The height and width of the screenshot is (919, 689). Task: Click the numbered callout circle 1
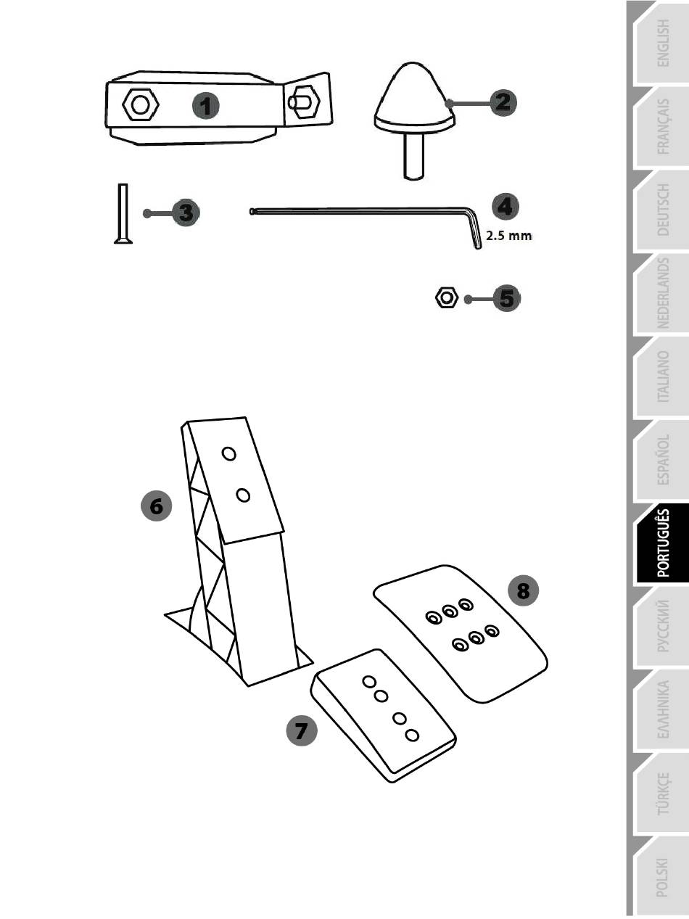click(x=205, y=105)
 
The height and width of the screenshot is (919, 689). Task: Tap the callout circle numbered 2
click(x=503, y=102)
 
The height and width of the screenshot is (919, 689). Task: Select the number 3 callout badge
click(x=186, y=213)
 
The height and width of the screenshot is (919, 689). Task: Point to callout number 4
click(x=506, y=207)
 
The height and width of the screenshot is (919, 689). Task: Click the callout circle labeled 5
click(x=506, y=299)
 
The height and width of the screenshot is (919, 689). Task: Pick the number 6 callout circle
click(x=156, y=506)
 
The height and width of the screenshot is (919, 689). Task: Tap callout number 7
click(x=302, y=730)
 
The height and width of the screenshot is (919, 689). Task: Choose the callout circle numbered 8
click(x=523, y=590)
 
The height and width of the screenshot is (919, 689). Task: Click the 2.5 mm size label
click(x=508, y=236)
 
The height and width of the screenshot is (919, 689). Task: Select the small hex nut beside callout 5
click(x=446, y=297)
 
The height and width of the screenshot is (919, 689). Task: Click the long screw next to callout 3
click(x=123, y=213)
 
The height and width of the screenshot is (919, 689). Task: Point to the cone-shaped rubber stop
click(x=414, y=120)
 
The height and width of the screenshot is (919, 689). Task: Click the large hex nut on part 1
click(x=141, y=104)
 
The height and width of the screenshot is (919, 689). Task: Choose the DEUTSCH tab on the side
click(x=662, y=210)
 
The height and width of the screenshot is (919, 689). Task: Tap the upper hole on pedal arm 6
click(x=229, y=454)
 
